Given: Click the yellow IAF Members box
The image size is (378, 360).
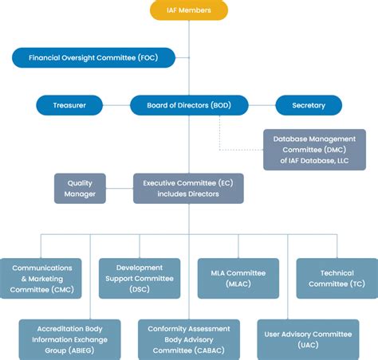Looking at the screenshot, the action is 189,10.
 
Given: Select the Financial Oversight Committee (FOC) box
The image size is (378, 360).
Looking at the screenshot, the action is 93,57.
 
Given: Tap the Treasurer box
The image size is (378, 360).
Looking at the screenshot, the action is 69,105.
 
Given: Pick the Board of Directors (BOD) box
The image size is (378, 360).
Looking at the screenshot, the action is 189,105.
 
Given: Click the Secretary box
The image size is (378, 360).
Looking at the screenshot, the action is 309,105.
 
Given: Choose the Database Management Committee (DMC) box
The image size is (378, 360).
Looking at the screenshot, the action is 314,150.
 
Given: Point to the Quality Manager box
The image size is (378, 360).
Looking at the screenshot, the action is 80,189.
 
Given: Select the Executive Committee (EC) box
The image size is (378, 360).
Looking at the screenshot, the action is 188,189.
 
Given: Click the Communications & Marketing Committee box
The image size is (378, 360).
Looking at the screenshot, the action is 41,279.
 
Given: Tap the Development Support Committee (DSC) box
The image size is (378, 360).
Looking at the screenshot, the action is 140,279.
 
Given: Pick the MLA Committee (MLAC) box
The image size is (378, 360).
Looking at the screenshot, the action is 238,279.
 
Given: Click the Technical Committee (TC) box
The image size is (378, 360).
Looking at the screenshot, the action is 337,279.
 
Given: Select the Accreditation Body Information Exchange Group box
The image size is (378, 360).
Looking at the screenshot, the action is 69,339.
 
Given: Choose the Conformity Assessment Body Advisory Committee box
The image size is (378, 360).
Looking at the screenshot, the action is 189,339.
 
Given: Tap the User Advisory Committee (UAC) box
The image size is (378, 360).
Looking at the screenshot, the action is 308,339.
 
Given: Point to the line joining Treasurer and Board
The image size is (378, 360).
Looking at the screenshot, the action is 116,105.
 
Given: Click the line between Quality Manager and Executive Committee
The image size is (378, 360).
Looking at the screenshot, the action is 120,189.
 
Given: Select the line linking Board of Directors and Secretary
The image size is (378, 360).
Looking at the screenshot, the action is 262,105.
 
